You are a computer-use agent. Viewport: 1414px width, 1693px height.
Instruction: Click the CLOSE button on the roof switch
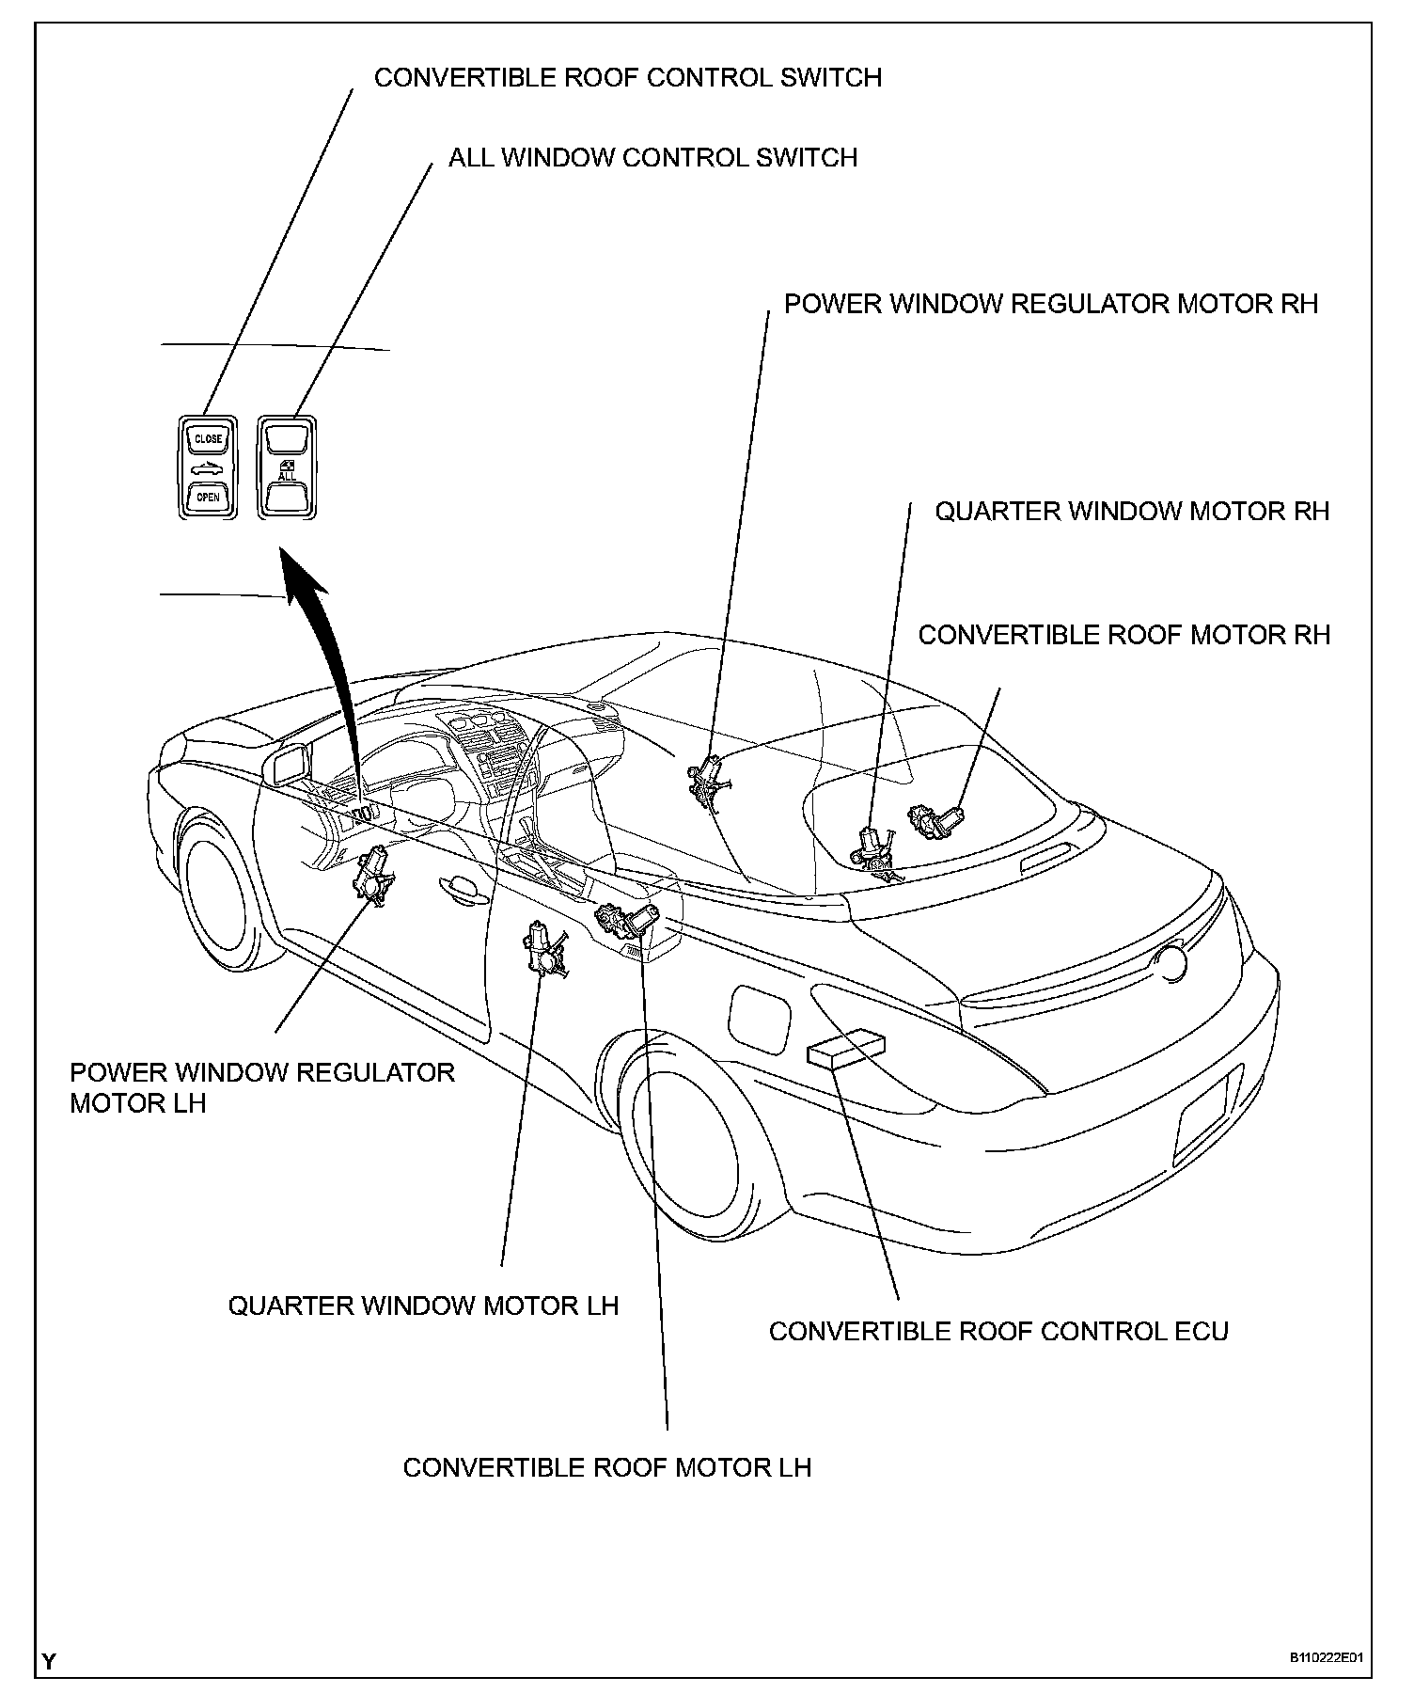coord(208,439)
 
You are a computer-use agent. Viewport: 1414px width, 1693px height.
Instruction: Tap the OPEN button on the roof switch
coord(208,497)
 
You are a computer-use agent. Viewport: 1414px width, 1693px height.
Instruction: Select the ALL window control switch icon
coord(287,468)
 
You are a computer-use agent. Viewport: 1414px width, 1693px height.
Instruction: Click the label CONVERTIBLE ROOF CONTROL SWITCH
coord(627,77)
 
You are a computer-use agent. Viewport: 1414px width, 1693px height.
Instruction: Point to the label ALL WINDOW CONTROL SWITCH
coord(652,157)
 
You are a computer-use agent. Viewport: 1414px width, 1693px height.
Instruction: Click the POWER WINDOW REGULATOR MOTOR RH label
coord(1050,304)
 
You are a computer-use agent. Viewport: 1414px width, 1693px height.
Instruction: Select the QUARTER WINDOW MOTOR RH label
coord(1131,512)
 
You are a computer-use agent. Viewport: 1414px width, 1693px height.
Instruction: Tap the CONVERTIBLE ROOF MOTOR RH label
coord(1123,635)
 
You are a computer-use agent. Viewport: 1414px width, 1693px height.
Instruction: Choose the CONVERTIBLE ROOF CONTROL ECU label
coord(998,1331)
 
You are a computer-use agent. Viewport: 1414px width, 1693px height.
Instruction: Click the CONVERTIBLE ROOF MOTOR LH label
coord(606,1467)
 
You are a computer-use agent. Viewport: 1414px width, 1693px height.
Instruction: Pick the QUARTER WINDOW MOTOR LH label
coord(423,1305)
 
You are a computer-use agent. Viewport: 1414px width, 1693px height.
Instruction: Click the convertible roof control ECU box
coord(846,1048)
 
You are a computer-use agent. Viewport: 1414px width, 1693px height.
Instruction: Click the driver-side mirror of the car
coord(290,763)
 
